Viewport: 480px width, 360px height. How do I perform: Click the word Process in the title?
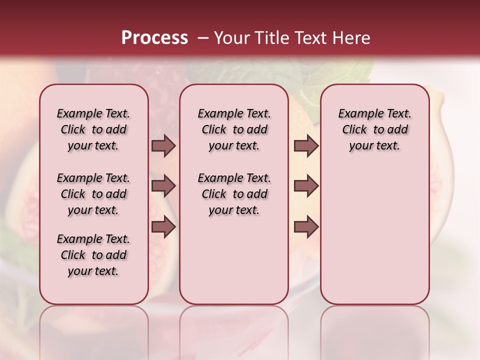pyautogui.click(x=154, y=38)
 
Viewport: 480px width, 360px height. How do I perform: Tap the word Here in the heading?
pyautogui.click(x=351, y=38)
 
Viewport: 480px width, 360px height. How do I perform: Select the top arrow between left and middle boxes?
pyautogui.click(x=163, y=145)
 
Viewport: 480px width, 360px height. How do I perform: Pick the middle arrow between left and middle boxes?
pyautogui.click(x=163, y=186)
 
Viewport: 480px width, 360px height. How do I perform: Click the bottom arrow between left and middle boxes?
pyautogui.click(x=163, y=227)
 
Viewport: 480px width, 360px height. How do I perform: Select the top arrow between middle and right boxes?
pyautogui.click(x=306, y=145)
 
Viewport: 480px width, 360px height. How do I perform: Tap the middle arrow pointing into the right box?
pyautogui.click(x=306, y=186)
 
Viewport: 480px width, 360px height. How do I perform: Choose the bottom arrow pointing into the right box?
pyautogui.click(x=306, y=227)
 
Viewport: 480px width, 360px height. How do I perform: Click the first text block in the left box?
pyautogui.click(x=93, y=129)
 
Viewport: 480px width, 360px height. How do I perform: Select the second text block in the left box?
pyautogui.click(x=93, y=194)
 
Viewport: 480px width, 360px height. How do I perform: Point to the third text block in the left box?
pyautogui.click(x=93, y=255)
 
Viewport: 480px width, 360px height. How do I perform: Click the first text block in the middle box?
pyautogui.click(x=234, y=129)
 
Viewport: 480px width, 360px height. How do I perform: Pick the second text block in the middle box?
pyautogui.click(x=234, y=194)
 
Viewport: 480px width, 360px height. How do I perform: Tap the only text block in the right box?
pyautogui.click(x=374, y=129)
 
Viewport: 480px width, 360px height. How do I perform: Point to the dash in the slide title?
pyautogui.click(x=203, y=38)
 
